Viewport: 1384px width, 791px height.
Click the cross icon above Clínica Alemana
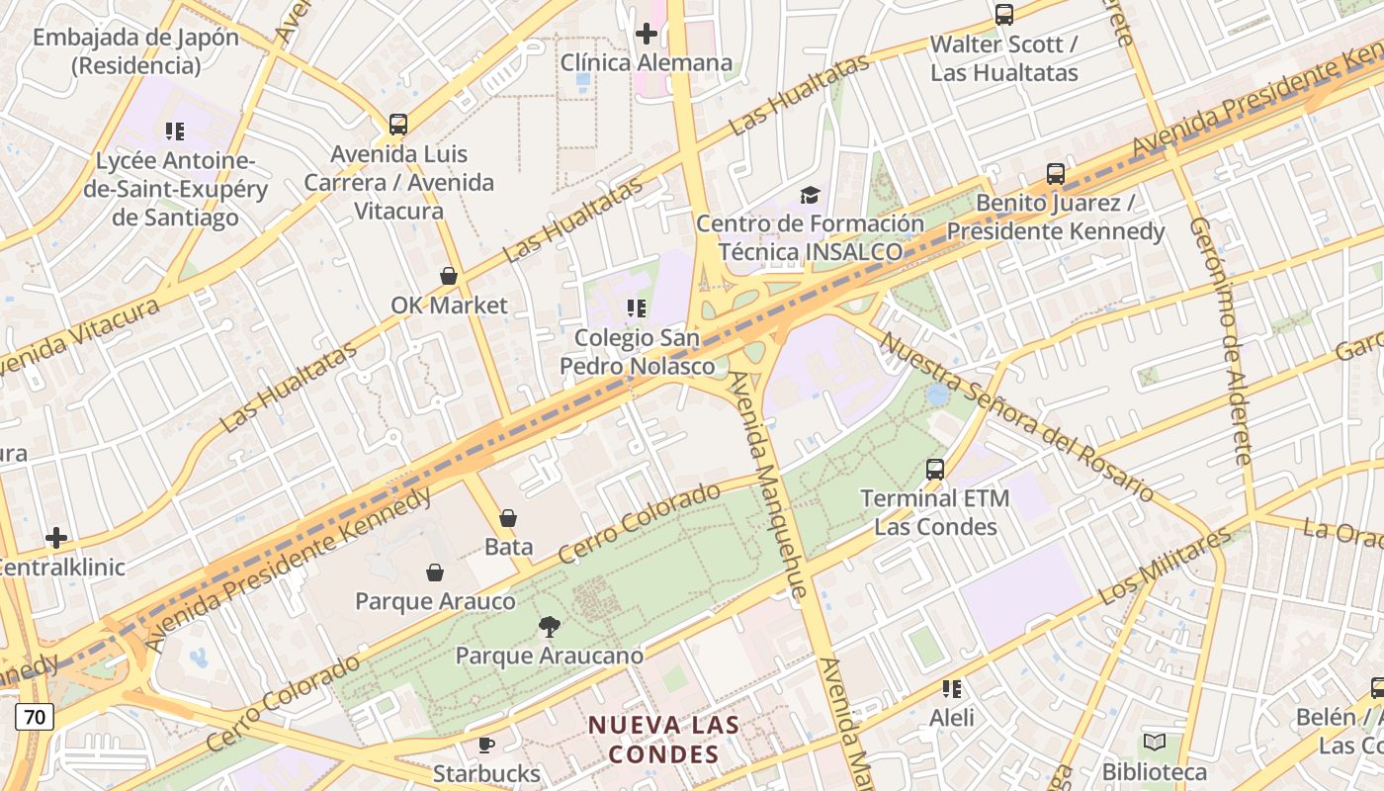647,35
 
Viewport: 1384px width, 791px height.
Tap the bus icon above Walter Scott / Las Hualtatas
1004,15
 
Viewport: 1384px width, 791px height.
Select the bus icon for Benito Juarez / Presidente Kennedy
1056,174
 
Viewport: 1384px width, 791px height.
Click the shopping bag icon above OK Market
449,276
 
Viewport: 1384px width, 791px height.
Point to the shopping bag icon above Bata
508,517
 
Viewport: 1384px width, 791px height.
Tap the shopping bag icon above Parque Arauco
435,572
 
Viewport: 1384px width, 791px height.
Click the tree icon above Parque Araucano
549,626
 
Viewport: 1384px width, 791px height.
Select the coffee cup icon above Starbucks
486,745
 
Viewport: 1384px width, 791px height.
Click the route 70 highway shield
34,717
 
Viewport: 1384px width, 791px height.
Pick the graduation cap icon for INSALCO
810,195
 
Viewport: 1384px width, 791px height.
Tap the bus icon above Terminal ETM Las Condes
935,469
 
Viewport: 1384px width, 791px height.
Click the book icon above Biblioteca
1154,742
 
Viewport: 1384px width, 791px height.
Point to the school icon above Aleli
951,688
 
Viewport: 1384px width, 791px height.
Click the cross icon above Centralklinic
56,538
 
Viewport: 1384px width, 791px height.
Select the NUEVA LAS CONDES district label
663,739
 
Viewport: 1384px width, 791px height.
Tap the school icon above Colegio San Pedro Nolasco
637,308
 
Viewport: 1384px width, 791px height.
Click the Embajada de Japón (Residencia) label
135,51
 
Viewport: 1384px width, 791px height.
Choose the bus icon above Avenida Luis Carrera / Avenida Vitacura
398,125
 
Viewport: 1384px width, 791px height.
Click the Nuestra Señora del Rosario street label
1016,416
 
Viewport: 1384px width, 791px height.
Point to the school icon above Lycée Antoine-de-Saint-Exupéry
175,132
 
